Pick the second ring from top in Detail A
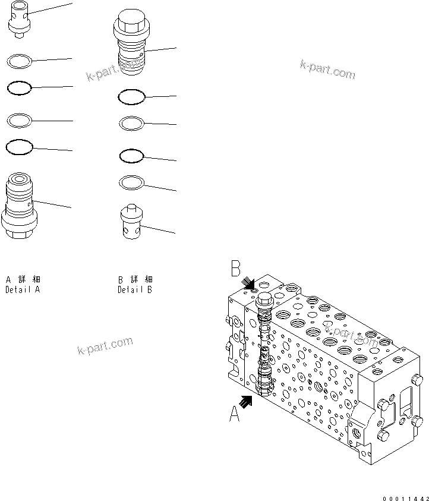coord(18,89)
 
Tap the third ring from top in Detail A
coord(18,121)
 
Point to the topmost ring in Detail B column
coord(131,96)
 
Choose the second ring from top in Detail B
coord(131,123)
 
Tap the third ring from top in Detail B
coord(131,156)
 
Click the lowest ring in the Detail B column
coord(131,181)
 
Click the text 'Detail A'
coord(23,290)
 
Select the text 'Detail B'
coord(135,290)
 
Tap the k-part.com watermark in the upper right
coord(327,70)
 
